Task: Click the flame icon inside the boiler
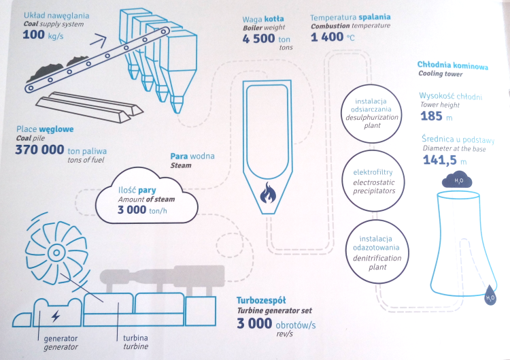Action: (268, 193)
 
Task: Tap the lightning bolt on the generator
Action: (56, 316)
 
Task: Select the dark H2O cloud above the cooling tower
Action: (457, 180)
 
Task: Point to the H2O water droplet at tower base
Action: (490, 295)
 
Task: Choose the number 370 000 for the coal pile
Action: (39, 150)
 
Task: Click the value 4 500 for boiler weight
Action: (258, 39)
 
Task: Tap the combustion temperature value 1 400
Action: (327, 37)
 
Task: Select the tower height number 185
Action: (431, 116)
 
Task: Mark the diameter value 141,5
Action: (440, 160)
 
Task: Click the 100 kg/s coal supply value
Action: (43, 35)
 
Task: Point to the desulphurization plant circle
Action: (371, 114)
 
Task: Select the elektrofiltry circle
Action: (373, 181)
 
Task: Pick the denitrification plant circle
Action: (377, 252)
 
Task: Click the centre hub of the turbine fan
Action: (56, 252)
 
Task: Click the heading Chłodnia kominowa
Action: (453, 65)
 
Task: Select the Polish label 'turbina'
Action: (135, 338)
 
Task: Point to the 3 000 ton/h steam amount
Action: (142, 210)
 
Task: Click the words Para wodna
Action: (192, 156)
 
